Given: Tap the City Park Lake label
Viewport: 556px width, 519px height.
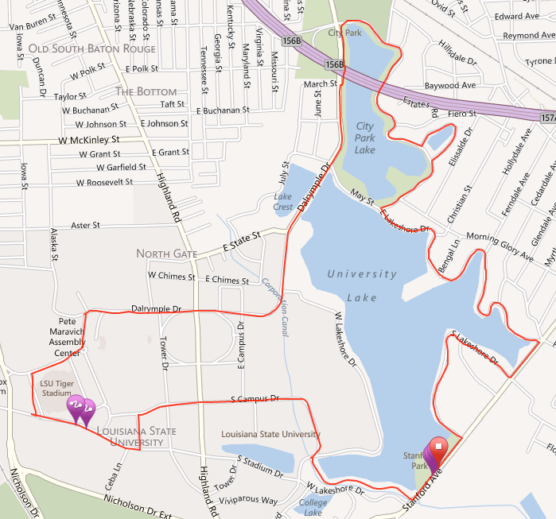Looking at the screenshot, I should point(365,137).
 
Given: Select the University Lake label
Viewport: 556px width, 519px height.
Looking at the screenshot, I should point(362,274).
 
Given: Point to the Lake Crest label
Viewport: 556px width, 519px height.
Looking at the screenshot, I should point(283,202).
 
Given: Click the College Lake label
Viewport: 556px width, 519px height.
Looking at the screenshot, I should point(312,506).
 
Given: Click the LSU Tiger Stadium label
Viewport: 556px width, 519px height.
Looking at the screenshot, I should point(56,388).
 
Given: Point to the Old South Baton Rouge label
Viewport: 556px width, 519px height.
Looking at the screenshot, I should point(92,49).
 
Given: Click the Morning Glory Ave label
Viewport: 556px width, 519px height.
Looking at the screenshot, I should point(500,246).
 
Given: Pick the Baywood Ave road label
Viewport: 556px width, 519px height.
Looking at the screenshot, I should point(450,84).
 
